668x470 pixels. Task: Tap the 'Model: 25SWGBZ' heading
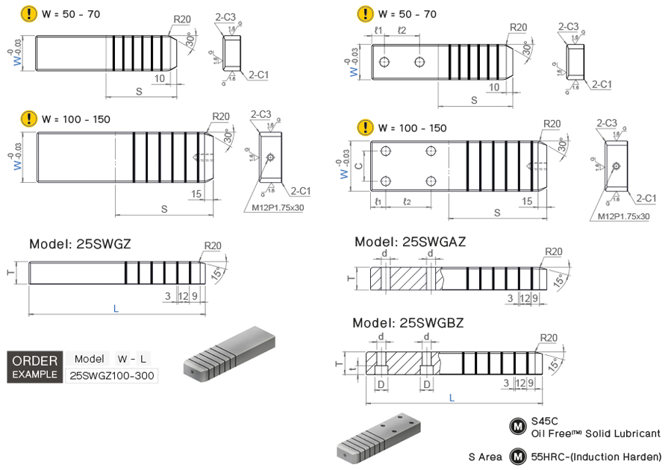click(x=409, y=323)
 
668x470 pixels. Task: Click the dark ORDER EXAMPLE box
click(x=34, y=366)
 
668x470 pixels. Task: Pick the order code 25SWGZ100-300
click(x=112, y=375)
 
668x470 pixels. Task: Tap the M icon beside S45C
click(x=516, y=426)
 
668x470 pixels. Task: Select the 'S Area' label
click(x=485, y=457)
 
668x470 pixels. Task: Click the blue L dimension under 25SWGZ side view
click(x=116, y=307)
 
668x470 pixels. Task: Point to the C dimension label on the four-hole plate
click(x=359, y=166)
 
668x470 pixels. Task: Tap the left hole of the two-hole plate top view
click(x=384, y=61)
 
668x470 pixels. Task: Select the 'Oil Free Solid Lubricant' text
click(x=596, y=433)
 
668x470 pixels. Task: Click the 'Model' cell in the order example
click(x=89, y=359)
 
